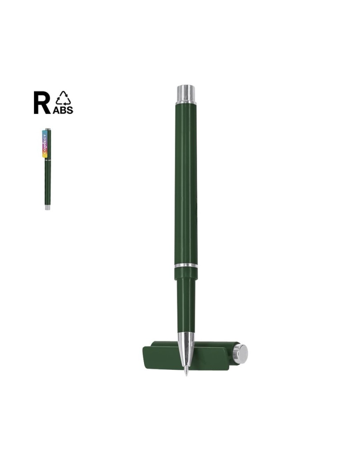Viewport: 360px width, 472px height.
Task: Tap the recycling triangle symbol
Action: coord(62,98)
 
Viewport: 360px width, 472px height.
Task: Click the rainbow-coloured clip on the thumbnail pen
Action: coord(45,144)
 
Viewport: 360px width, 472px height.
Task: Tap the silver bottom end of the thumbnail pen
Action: coord(48,208)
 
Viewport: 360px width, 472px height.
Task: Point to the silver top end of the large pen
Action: coord(185,94)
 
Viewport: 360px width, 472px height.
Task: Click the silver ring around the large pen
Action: coord(186,266)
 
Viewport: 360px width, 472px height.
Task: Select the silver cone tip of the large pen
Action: coord(186,349)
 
